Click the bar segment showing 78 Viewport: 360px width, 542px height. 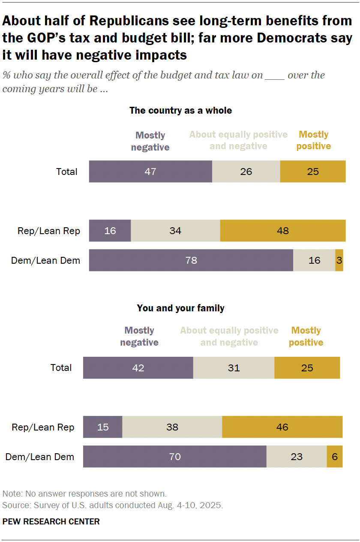(x=191, y=260)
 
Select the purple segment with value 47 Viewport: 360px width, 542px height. (x=150, y=172)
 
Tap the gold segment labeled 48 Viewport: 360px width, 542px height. (x=282, y=231)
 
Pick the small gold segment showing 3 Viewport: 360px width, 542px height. (x=339, y=260)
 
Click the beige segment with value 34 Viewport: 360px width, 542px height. (x=175, y=231)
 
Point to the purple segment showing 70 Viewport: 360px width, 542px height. (x=174, y=457)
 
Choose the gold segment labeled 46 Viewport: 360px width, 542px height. (x=282, y=427)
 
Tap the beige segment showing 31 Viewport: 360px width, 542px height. (x=234, y=368)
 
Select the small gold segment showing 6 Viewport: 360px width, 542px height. (x=334, y=457)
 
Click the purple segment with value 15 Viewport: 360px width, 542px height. (x=102, y=427)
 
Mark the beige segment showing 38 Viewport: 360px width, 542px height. (x=172, y=427)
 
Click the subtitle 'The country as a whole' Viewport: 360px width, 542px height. (x=180, y=111)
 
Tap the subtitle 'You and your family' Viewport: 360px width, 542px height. (x=180, y=308)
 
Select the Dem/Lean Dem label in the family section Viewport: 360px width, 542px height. (x=39, y=457)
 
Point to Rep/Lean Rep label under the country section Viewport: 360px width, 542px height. (x=48, y=231)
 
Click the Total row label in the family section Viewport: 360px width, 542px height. (x=61, y=368)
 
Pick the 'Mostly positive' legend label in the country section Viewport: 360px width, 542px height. (x=314, y=140)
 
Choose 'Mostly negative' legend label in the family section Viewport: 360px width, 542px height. (x=139, y=337)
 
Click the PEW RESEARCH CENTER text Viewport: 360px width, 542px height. (x=51, y=521)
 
